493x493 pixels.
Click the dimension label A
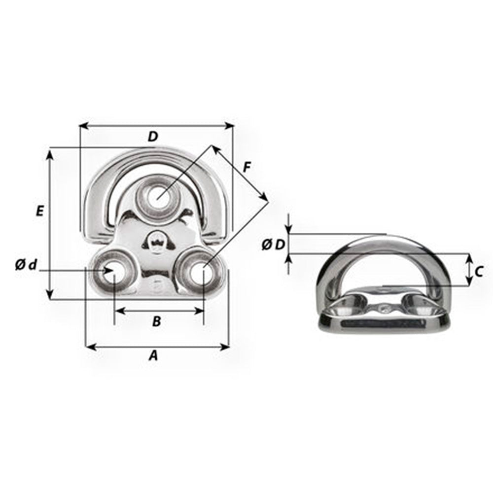[x=153, y=355]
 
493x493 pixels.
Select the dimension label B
[x=156, y=321]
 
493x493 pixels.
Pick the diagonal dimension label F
[x=247, y=167]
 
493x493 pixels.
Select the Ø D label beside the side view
[x=273, y=244]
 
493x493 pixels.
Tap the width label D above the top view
[x=153, y=137]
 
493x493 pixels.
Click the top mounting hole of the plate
[x=158, y=196]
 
